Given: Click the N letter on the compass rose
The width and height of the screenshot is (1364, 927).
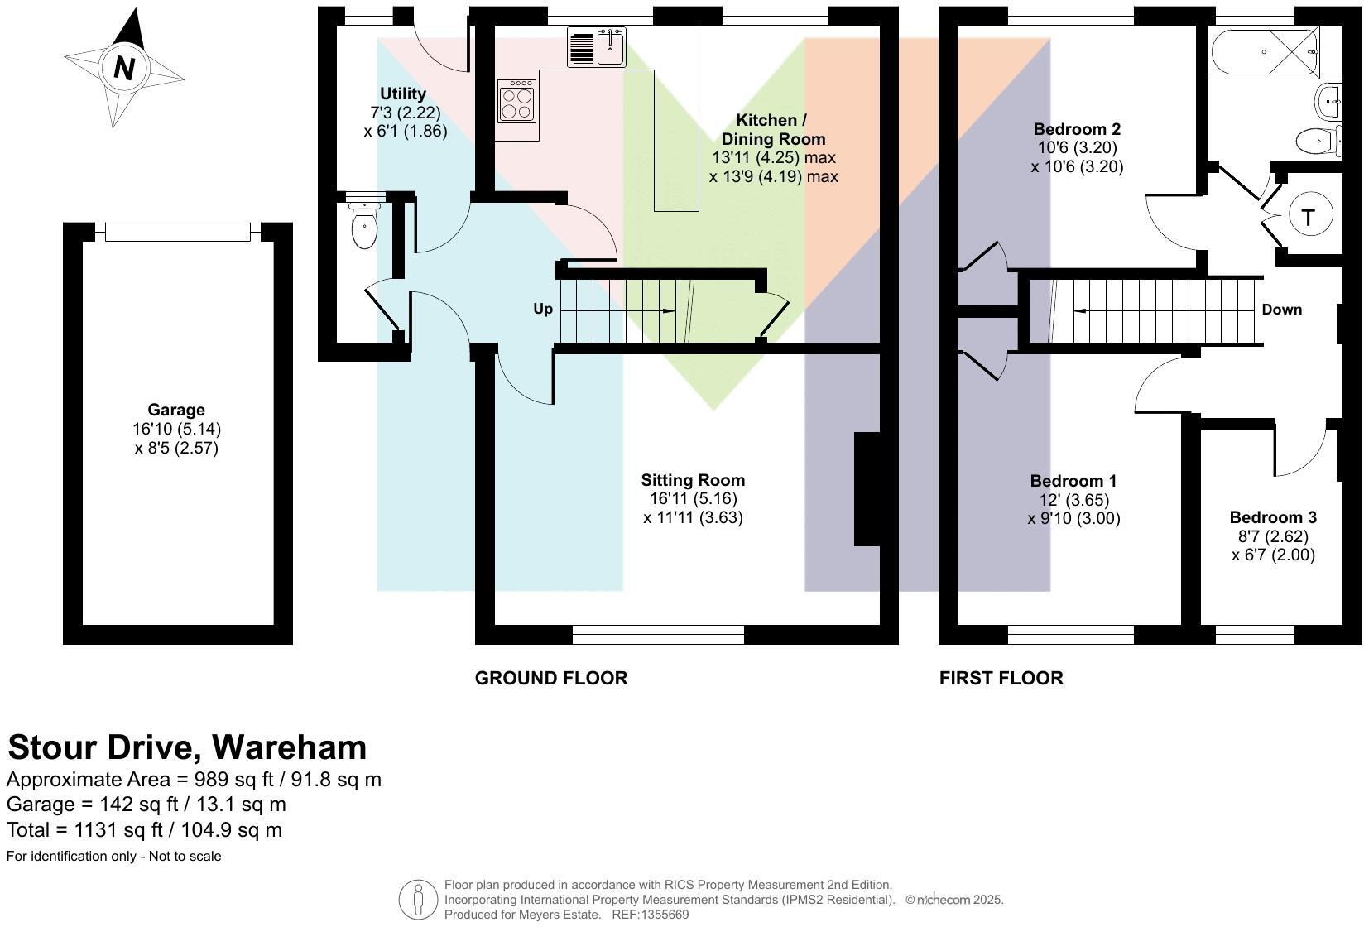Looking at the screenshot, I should click(x=124, y=67).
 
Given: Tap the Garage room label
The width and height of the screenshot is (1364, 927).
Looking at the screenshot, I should click(x=176, y=410).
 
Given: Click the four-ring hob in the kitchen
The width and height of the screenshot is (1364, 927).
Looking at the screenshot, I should click(x=516, y=100).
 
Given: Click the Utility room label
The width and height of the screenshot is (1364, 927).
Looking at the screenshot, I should click(x=403, y=94).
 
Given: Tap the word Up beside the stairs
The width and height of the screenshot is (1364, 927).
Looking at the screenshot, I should click(x=542, y=309).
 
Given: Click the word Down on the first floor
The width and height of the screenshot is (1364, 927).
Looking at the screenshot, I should click(x=1281, y=310).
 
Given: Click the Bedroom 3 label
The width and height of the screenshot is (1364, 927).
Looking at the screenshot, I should click(x=1273, y=517).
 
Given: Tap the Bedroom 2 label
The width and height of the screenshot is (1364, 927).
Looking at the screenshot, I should click(x=1077, y=129).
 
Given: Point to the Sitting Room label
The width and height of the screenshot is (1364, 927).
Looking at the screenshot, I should click(x=693, y=480).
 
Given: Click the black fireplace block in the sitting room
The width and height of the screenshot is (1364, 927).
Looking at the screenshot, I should click(x=867, y=488).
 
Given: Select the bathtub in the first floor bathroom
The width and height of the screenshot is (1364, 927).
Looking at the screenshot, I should click(x=1264, y=52).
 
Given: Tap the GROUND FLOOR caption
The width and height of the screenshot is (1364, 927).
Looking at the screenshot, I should click(x=551, y=679).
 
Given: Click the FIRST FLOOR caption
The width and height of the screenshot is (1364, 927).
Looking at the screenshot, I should click(x=1001, y=679).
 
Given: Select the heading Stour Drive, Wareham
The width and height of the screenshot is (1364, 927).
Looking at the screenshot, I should click(x=187, y=747).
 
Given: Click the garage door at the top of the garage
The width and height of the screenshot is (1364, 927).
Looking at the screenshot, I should click(x=178, y=233).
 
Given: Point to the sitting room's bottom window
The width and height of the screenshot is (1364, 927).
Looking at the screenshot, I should click(x=658, y=635).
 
